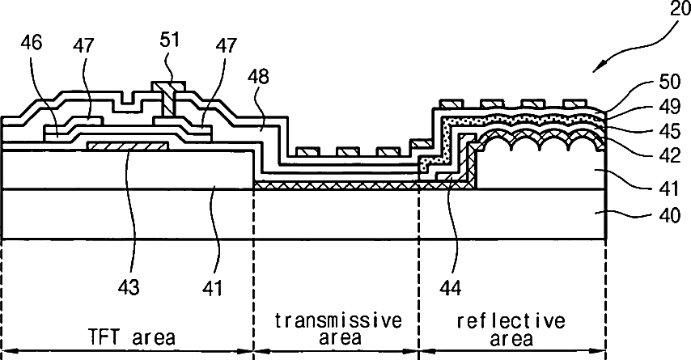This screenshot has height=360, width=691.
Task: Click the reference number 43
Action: click(129, 286)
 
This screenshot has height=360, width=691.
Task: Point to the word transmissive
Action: click(337, 320)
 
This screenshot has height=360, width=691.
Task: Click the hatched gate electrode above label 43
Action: click(127, 145)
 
